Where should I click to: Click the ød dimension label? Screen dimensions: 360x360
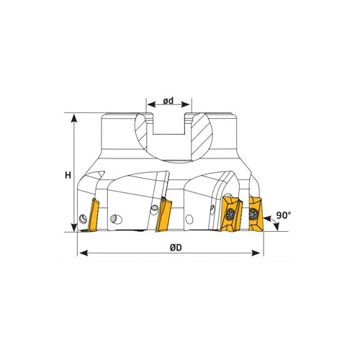tap(168, 101)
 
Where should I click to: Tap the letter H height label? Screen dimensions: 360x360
tap(68, 175)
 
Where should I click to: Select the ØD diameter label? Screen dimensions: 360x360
tap(176, 248)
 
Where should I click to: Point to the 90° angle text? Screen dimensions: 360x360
tap(284, 215)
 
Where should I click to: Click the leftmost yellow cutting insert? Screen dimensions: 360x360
tap(93, 215)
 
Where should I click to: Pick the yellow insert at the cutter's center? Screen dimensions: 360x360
tap(163, 215)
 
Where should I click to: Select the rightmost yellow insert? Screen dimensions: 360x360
tap(256, 214)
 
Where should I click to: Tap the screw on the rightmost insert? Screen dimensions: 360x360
tap(253, 213)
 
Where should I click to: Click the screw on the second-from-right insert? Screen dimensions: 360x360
tap(230, 214)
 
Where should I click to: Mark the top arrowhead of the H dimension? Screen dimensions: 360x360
tap(74, 119)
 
